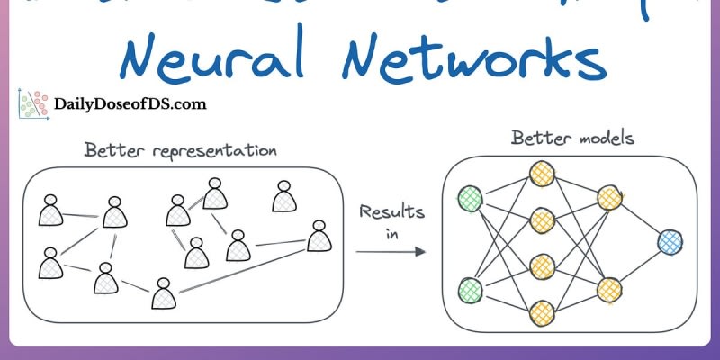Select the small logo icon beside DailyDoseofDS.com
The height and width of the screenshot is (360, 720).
[32, 105]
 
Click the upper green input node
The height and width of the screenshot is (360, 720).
[469, 197]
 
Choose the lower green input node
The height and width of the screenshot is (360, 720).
[469, 290]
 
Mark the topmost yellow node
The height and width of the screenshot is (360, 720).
[541, 172]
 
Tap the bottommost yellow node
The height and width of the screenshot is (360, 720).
[541, 311]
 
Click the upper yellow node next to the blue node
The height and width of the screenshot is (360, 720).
[610, 198]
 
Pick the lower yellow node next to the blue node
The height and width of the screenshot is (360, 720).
[610, 289]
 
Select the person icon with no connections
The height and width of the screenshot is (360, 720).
[284, 197]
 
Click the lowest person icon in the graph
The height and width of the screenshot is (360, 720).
[163, 293]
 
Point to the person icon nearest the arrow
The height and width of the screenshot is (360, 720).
[318, 238]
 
